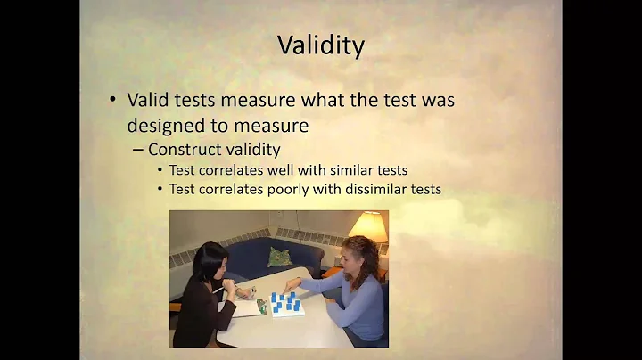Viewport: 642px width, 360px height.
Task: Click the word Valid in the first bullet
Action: coord(147,100)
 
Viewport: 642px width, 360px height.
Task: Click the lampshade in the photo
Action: coord(368,226)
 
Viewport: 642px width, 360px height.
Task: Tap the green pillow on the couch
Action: coord(280,256)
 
